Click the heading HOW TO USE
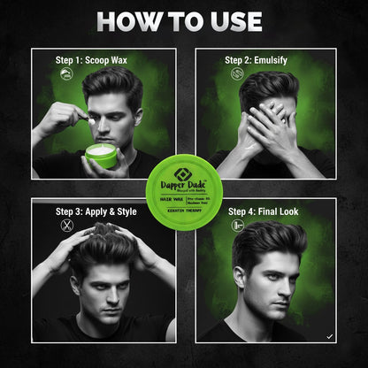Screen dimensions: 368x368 point(184,21)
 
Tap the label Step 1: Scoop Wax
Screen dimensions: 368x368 point(82,60)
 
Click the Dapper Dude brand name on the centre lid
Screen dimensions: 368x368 point(183,177)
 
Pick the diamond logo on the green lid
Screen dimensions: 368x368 point(184,164)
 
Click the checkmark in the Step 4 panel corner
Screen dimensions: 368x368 point(328,335)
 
